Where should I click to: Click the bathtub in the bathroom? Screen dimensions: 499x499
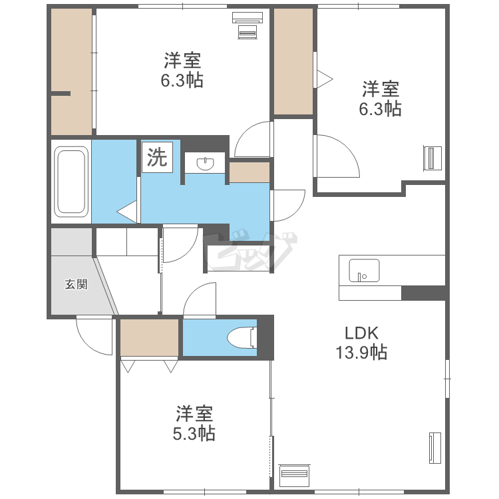tap(71, 182)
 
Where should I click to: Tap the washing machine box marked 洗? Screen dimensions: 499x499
tap(157, 157)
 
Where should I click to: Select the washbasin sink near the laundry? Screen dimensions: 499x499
tap(205, 163)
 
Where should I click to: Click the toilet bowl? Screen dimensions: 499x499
tap(242, 337)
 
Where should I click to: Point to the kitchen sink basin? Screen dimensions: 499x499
tap(364, 271)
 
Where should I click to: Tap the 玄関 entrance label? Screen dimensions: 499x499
tap(76, 284)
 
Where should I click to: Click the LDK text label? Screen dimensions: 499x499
tap(362, 333)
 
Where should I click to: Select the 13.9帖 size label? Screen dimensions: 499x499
tap(361, 352)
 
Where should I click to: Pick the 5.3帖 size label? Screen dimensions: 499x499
tap(194, 433)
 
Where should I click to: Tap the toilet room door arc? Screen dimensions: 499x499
tap(195, 293)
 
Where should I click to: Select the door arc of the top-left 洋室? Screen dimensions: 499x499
tap(247, 130)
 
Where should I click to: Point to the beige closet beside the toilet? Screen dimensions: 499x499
tap(149, 337)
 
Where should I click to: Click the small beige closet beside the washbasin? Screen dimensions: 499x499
tap(249, 172)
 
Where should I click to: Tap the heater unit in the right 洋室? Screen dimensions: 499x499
tap(432, 158)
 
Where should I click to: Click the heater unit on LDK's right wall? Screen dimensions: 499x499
tap(434, 448)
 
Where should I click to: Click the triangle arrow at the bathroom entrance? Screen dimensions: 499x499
tap(126, 212)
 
